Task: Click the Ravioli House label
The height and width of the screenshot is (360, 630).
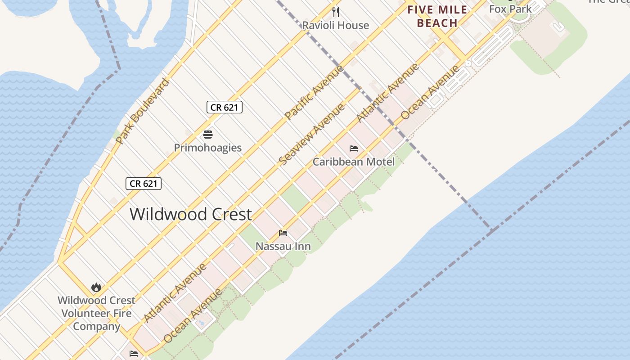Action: [335, 25]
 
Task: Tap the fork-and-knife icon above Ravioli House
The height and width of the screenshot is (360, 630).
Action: [335, 12]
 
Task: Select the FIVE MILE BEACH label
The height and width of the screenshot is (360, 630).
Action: [436, 16]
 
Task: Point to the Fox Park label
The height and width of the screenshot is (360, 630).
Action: [510, 9]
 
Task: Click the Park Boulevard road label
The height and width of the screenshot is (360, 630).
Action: [142, 111]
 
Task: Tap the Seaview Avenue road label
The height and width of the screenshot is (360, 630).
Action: [312, 134]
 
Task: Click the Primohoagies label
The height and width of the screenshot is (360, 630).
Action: [207, 148]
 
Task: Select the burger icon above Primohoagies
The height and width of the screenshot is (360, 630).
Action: [207, 134]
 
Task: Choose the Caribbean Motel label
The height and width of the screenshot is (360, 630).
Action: [354, 162]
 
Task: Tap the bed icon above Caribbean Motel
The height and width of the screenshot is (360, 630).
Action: [354, 148]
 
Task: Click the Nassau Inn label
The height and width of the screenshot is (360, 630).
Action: [283, 246]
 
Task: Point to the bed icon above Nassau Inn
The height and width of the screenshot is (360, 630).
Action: [283, 233]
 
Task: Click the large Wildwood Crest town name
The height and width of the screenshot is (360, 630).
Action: [191, 214]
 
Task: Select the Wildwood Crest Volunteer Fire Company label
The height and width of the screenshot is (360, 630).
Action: [96, 313]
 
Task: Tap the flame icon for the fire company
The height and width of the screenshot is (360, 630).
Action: [96, 287]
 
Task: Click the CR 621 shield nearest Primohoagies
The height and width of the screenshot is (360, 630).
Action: [225, 107]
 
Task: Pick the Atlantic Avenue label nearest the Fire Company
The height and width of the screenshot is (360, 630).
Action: [175, 292]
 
